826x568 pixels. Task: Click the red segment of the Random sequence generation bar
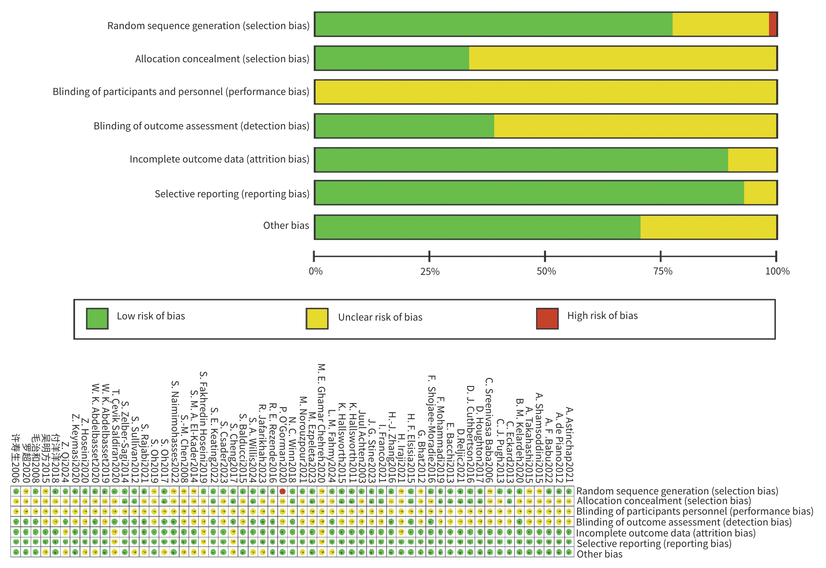pyautogui.click(x=772, y=25)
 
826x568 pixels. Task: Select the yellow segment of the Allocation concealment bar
pyautogui.click(x=622, y=58)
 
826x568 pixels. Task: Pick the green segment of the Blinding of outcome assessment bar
pyautogui.click(x=404, y=126)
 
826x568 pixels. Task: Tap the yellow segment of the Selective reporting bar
pyautogui.click(x=760, y=193)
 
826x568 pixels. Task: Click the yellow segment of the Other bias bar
pyautogui.click(x=708, y=227)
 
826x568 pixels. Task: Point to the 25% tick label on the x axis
pyautogui.click(x=430, y=271)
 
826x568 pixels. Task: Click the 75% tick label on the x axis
pyautogui.click(x=663, y=271)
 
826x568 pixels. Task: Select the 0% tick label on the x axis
pyautogui.click(x=316, y=271)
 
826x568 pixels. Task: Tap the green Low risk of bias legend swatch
pyautogui.click(x=97, y=319)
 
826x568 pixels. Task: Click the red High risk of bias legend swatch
pyautogui.click(x=547, y=319)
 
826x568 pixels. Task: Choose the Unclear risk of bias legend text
pyautogui.click(x=380, y=317)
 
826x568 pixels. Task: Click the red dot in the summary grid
pyautogui.click(x=282, y=491)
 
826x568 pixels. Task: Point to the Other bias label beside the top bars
pyautogui.click(x=286, y=226)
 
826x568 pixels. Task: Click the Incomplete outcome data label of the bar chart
pyautogui.click(x=219, y=159)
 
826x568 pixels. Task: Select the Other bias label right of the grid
pyautogui.click(x=599, y=554)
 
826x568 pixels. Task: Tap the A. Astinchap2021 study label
pyautogui.click(x=569, y=445)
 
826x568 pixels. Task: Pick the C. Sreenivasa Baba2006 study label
pyautogui.click(x=489, y=430)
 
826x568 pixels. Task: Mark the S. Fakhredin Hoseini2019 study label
pyautogui.click(x=203, y=427)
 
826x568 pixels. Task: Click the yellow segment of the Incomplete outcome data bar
pyautogui.click(x=752, y=160)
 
